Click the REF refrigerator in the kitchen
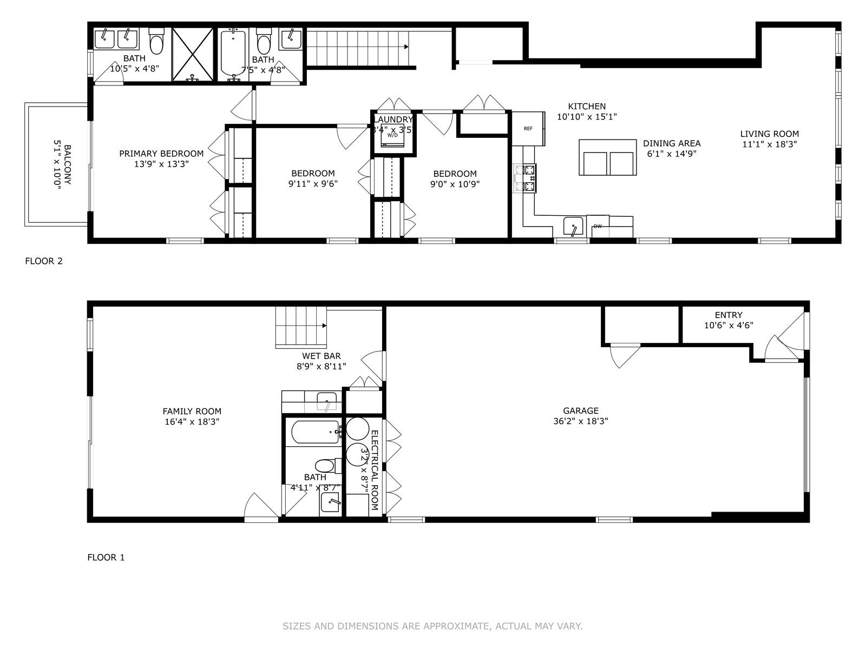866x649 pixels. click(528, 129)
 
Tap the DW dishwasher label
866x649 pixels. click(598, 226)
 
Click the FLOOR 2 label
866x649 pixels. click(44, 261)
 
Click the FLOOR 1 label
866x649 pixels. click(106, 557)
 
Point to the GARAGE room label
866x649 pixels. click(580, 411)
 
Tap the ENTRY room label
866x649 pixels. click(729, 315)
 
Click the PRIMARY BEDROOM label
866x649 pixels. click(161, 154)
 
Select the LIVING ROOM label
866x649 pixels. click(770, 134)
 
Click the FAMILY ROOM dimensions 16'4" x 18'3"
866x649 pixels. click(192, 422)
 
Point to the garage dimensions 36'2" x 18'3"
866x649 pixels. click(580, 421)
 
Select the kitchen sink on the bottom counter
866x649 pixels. click(573, 226)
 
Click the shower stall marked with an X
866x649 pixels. click(193, 54)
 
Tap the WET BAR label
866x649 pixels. click(322, 356)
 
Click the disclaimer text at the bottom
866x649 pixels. click(432, 626)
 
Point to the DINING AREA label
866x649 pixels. click(672, 143)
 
